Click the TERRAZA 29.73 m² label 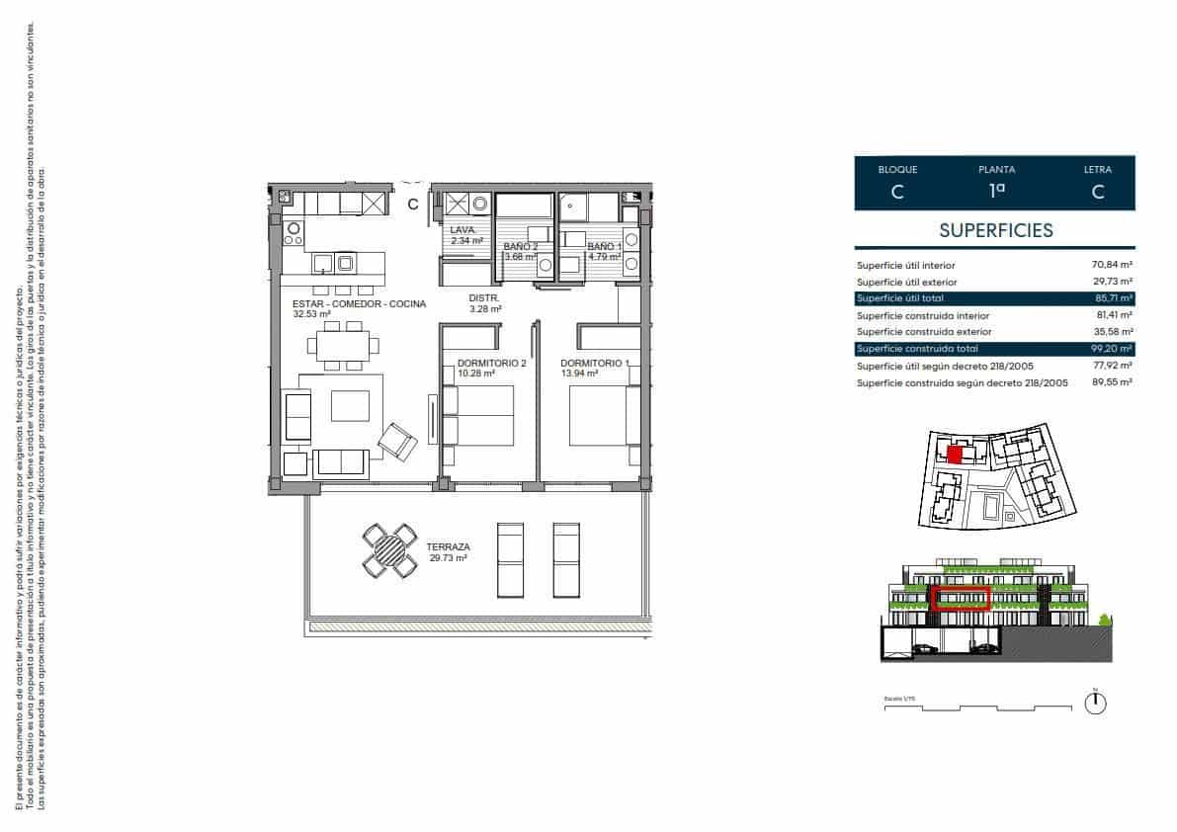point(447,551)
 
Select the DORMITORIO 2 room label point(491,367)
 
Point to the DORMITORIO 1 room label point(594,367)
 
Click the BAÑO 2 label point(520,251)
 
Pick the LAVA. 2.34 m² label point(466,235)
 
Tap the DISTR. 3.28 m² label point(485,302)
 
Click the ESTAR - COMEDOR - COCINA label point(359,308)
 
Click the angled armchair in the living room point(399,441)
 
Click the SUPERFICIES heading point(995,230)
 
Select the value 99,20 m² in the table point(1113,349)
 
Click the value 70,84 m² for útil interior point(1113,265)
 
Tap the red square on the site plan point(955,455)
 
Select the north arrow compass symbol point(1095,704)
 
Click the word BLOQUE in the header point(897,170)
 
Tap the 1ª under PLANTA point(995,193)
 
